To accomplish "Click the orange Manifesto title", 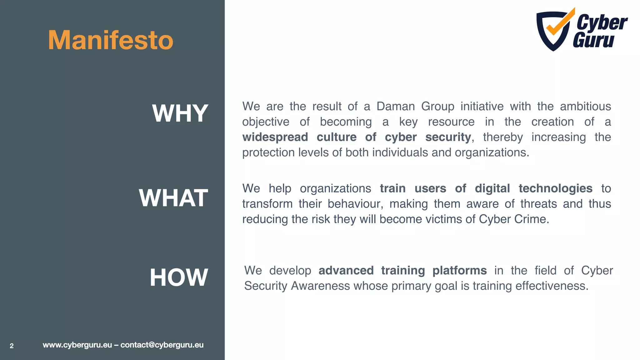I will [111, 40].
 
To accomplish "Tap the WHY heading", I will [180, 113].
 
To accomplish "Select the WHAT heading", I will [173, 198].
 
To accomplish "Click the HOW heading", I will [179, 277].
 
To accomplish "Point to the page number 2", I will [12, 346].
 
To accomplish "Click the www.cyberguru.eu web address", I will [77, 345].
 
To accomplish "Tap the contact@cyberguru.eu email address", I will [162, 345].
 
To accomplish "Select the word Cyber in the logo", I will [602, 22].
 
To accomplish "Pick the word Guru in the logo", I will [593, 41].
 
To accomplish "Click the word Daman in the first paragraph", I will [395, 107].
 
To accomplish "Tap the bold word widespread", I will [275, 137].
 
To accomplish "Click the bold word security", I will [448, 137].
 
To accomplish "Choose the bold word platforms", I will [459, 271].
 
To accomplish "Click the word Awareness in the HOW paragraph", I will [320, 286].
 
